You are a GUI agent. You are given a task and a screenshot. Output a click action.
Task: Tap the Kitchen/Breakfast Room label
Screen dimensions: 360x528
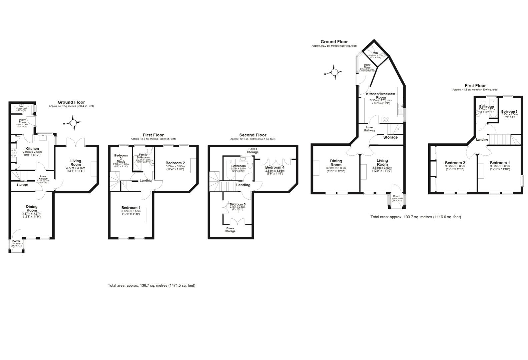pos(381,96)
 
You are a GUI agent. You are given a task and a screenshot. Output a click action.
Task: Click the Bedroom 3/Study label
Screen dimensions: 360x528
pos(121,158)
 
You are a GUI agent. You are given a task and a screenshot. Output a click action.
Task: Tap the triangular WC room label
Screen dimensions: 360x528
pos(375,53)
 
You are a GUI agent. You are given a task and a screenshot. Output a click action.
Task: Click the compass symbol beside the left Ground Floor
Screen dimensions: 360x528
pos(73,123)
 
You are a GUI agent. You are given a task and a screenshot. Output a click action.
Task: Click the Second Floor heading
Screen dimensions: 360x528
pos(252,135)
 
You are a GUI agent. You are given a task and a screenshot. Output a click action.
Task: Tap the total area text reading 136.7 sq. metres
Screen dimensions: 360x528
pos(151,285)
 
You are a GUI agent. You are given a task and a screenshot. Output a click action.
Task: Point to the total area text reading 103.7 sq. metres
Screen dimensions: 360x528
pos(416,217)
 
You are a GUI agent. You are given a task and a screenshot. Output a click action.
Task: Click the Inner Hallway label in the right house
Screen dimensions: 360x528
pos(370,129)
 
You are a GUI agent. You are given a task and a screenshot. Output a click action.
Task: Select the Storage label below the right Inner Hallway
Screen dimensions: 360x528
pos(390,137)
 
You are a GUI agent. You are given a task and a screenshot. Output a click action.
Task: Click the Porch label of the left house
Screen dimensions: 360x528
pos(16,241)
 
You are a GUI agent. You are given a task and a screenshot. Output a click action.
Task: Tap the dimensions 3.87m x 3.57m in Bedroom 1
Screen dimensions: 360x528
pos(131,211)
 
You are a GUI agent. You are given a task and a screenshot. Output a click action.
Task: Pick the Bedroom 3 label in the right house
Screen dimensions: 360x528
pos(509,111)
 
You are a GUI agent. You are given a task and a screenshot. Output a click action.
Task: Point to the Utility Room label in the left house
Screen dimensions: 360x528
pos(22,121)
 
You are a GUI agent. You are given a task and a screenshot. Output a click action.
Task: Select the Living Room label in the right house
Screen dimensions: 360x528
pos(382,162)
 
